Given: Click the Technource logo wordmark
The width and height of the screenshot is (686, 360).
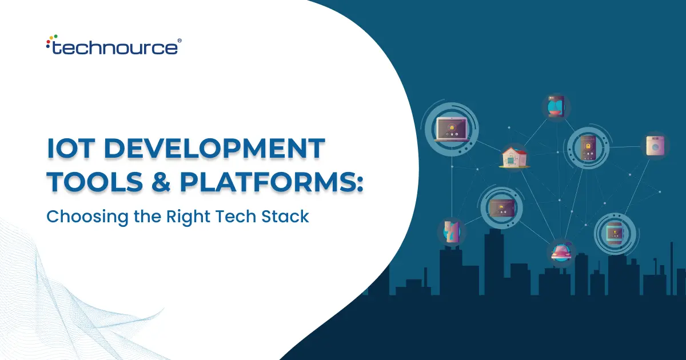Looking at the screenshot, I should (114, 47).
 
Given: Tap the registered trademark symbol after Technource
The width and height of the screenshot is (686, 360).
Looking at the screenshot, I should (180, 41).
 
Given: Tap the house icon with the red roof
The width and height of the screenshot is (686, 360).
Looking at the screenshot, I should (513, 156).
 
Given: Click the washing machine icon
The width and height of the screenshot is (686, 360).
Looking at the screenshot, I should (653, 146).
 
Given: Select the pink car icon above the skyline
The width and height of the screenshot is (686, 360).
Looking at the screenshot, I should (561, 251).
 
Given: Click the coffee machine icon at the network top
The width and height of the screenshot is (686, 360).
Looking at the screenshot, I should (555, 107).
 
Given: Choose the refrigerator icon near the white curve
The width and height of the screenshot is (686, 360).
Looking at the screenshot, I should (452, 232).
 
